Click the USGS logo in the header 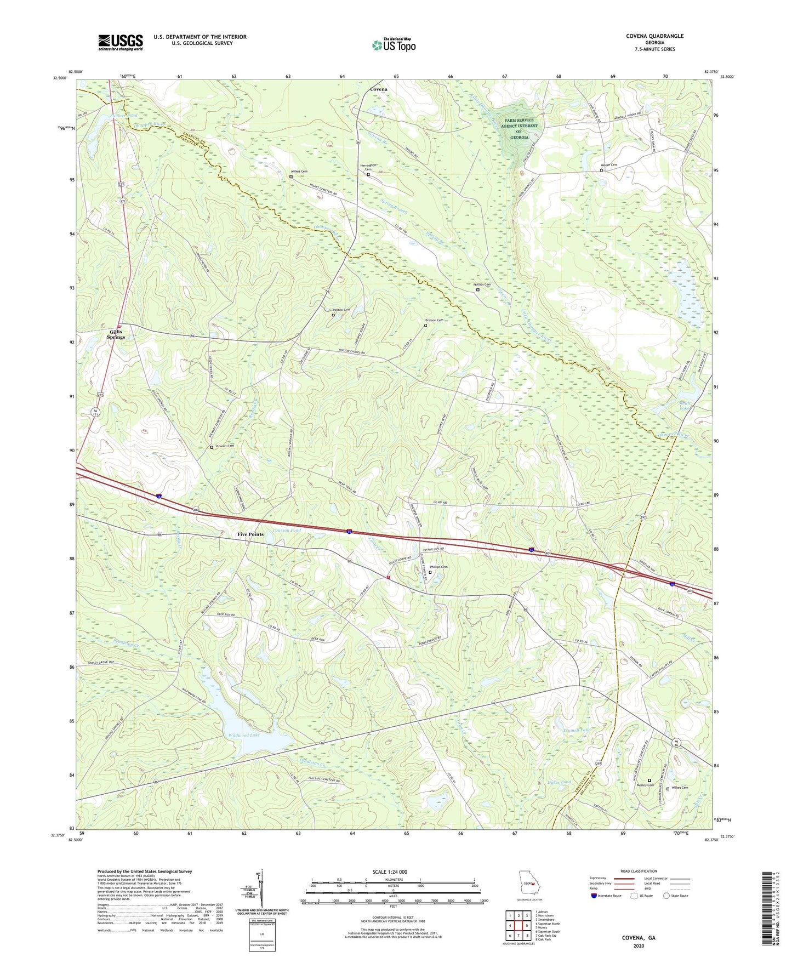pyautogui.click(x=120, y=42)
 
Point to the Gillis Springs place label pyautogui.click(x=117, y=334)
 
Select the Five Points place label pyautogui.click(x=250, y=534)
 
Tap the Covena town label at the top pyautogui.click(x=378, y=89)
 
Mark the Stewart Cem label pyautogui.click(x=225, y=446)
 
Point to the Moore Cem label pyautogui.click(x=609, y=165)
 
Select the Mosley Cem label pyautogui.click(x=645, y=785)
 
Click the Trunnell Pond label pyautogui.click(x=576, y=730)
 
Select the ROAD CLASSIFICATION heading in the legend pyautogui.click(x=639, y=871)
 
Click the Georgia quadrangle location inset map pyautogui.click(x=528, y=884)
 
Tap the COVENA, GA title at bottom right pyautogui.click(x=638, y=937)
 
